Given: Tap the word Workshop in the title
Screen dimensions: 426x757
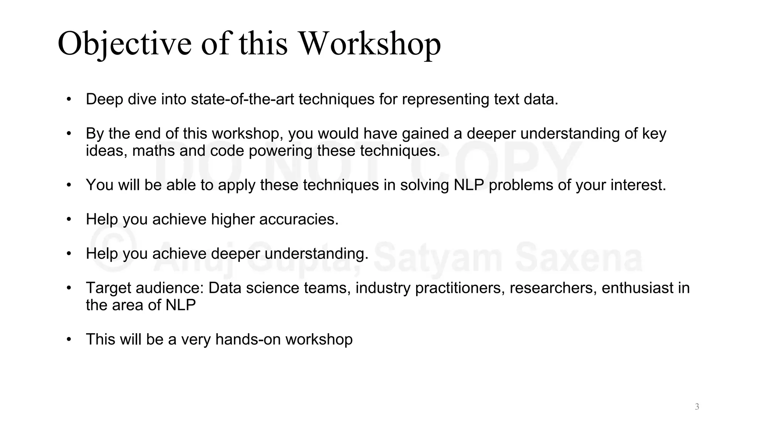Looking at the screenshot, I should coord(369,44).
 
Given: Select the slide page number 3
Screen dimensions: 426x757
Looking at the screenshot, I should coord(697,407).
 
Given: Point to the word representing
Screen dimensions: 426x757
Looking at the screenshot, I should coord(445,99).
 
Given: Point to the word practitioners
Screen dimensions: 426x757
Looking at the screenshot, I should coord(460,288).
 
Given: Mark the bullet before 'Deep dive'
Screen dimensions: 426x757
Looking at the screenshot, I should coord(69,99).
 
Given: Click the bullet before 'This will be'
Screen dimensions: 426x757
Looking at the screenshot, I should coord(69,339).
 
